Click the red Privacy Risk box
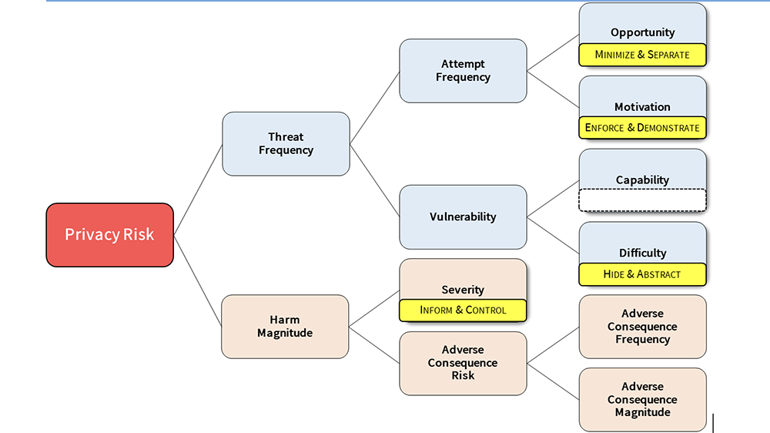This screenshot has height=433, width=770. [x=109, y=235]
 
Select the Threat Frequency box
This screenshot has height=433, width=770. [x=286, y=144]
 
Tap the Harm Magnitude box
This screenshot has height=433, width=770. [x=285, y=326]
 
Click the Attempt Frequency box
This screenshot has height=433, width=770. [x=463, y=71]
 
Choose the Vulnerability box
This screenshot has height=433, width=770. [x=463, y=216]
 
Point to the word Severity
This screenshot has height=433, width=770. [x=463, y=290]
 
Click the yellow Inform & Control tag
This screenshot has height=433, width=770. [x=463, y=310]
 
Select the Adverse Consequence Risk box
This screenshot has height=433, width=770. [x=463, y=363]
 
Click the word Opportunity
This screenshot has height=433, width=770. [x=642, y=32]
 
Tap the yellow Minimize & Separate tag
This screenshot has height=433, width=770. [x=642, y=55]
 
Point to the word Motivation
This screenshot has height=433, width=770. [x=642, y=106]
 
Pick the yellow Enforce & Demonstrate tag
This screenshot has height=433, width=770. [x=642, y=127]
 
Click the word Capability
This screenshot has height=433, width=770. [x=642, y=180]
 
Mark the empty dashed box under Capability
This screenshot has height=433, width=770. [x=642, y=200]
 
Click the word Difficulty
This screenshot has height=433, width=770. [x=642, y=253]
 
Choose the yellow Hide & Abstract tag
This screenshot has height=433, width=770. [x=642, y=274]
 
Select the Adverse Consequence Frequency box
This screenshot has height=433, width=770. [x=642, y=327]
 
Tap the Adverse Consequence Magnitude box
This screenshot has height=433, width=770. [x=642, y=399]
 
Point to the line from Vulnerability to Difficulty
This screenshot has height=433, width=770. [x=553, y=235]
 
